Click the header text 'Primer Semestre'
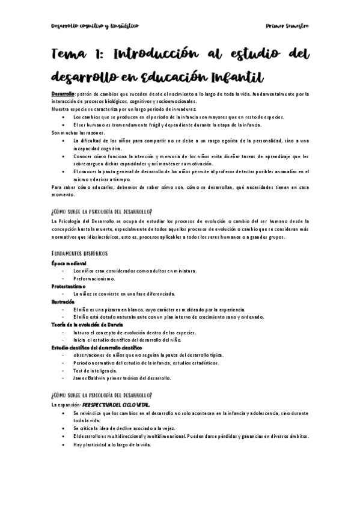[x=287, y=26]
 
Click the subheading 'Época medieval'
[x=69, y=263]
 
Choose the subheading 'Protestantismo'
[x=69, y=286]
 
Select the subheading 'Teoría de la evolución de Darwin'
[x=87, y=324]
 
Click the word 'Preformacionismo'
[x=94, y=278]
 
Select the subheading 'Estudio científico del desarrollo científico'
[x=97, y=347]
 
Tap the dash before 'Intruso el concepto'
[x=63, y=332]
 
